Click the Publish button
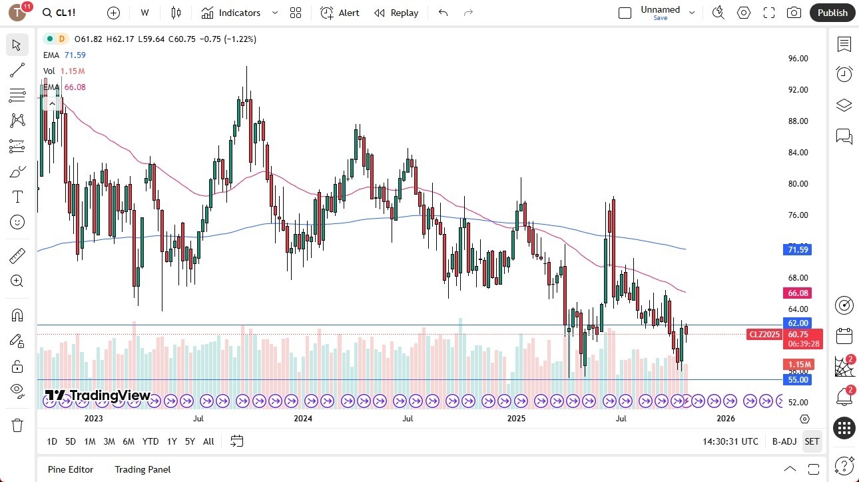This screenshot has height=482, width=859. (x=832, y=13)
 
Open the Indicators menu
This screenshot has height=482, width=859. (x=231, y=13)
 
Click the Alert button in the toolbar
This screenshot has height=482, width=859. (x=340, y=13)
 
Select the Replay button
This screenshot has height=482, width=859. (x=396, y=13)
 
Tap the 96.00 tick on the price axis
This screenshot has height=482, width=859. (x=798, y=59)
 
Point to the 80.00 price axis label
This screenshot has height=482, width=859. (x=798, y=184)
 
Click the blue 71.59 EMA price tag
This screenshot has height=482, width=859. (x=797, y=250)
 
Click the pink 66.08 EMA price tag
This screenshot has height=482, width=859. (x=797, y=293)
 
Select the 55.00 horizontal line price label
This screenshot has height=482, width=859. (x=797, y=380)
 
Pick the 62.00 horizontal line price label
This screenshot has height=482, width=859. (x=797, y=323)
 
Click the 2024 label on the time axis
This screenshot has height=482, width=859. (x=303, y=419)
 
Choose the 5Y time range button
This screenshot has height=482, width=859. (x=190, y=441)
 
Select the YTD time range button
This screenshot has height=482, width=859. (x=150, y=441)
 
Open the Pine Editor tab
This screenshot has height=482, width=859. (x=71, y=469)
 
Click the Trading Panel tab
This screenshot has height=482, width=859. (x=143, y=469)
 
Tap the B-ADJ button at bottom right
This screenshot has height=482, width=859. (x=784, y=441)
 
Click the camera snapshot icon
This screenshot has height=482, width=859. (x=794, y=13)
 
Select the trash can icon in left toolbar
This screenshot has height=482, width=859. (x=17, y=425)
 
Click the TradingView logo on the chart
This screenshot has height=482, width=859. (x=98, y=395)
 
